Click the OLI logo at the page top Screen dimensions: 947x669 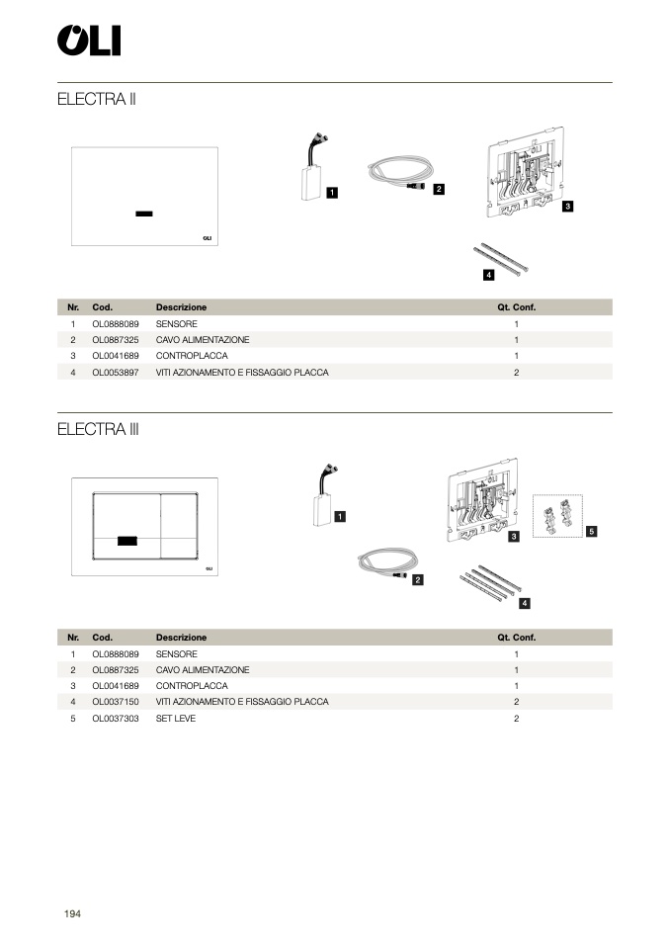[88, 41]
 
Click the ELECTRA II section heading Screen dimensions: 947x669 [96, 100]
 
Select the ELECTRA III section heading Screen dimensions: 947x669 [98, 430]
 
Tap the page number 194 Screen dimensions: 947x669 [72, 913]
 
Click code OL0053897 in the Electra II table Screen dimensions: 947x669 [116, 373]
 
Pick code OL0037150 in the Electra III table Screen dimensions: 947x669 [116, 702]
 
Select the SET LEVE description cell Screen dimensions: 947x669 [176, 719]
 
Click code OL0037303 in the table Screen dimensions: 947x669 [116, 719]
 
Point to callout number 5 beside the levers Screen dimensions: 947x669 [591, 531]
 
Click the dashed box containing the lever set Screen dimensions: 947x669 [557, 516]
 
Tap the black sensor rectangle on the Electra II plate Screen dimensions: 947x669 [144, 213]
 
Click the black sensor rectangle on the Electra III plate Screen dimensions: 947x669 [127, 541]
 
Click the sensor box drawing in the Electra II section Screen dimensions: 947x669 [313, 179]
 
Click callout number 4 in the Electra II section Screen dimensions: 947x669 [488, 274]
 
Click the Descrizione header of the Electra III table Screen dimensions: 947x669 [181, 638]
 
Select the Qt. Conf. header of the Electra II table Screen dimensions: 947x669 [516, 307]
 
